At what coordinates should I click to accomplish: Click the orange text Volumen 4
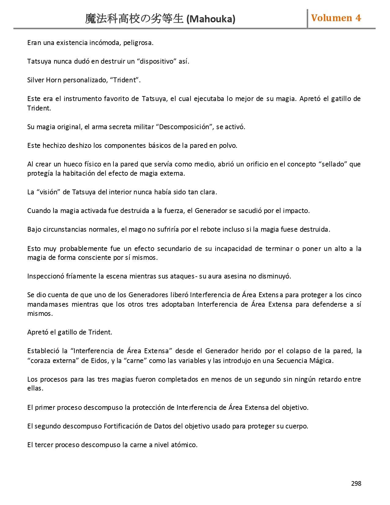click(x=336, y=18)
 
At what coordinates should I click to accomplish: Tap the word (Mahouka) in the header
click(x=211, y=19)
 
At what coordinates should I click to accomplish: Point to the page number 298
click(x=356, y=484)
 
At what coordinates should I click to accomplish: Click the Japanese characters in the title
click(x=134, y=19)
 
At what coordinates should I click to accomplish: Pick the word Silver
click(x=35, y=80)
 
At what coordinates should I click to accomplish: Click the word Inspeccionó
click(x=46, y=276)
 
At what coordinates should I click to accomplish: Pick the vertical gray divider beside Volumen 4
click(x=307, y=18)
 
